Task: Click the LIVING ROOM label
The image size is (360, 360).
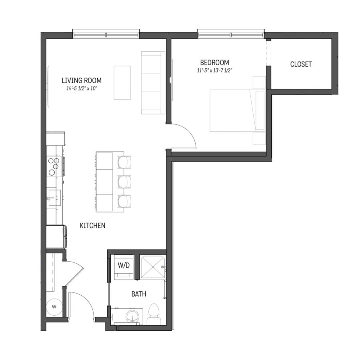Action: (x=82, y=80)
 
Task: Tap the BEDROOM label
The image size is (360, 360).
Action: (x=214, y=62)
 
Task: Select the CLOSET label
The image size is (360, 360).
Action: (x=301, y=64)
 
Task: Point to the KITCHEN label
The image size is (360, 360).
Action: (x=92, y=226)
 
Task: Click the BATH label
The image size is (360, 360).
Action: (x=139, y=294)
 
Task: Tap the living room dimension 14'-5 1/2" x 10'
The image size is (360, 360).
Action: (x=82, y=88)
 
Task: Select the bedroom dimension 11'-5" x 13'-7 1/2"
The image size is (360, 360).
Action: (x=215, y=70)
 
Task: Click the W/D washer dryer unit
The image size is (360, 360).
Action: (x=124, y=267)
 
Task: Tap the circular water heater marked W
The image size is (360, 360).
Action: (x=54, y=307)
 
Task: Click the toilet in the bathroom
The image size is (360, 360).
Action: (x=154, y=314)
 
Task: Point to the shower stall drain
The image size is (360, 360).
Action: (x=153, y=267)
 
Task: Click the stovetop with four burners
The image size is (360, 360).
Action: (x=54, y=166)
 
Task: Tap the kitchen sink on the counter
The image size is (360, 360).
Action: (x=54, y=198)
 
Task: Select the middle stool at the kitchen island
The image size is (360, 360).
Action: (x=124, y=182)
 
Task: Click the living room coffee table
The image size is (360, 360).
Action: (x=122, y=83)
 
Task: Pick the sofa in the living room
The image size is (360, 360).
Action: (x=153, y=83)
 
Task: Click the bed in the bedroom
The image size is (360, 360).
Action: (x=237, y=110)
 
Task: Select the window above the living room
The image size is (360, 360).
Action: (x=106, y=34)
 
